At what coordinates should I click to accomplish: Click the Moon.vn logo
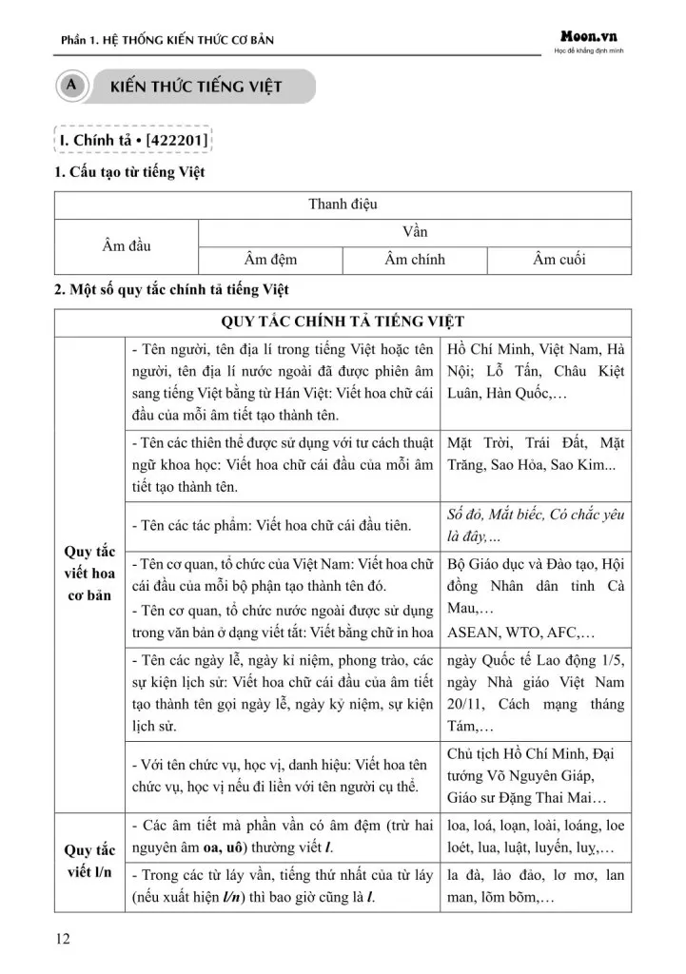[x=589, y=35]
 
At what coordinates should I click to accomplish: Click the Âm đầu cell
[x=127, y=245]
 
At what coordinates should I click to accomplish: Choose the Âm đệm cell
[x=270, y=260]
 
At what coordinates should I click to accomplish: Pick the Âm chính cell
[x=415, y=260]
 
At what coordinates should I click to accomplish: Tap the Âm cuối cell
[x=559, y=260]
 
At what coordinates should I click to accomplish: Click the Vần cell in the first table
[x=415, y=232]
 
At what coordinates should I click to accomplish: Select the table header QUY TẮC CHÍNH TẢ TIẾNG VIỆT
[x=343, y=321]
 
